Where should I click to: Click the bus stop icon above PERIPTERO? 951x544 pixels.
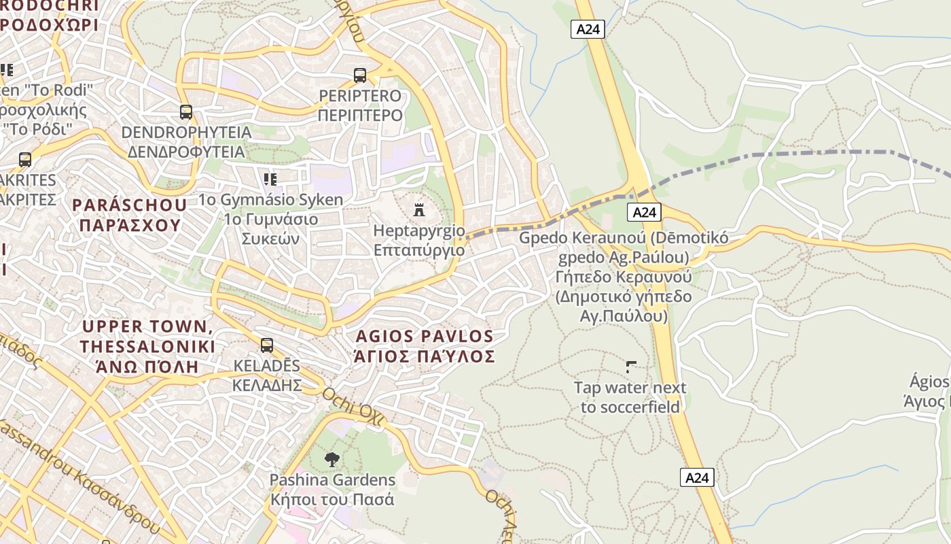(360, 75)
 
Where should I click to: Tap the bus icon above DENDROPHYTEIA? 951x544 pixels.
(185, 112)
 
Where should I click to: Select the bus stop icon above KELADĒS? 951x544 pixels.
(267, 345)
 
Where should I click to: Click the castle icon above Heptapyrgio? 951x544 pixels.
(419, 209)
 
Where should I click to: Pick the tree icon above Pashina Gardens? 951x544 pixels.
(331, 460)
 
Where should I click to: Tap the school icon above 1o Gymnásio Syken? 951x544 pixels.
(270, 180)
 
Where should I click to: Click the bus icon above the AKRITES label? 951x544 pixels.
(25, 160)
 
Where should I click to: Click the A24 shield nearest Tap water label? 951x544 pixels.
(697, 478)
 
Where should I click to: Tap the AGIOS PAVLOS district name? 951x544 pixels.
(425, 337)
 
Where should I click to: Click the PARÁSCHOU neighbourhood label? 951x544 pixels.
(129, 205)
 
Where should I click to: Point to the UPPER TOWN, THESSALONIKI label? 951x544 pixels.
(147, 337)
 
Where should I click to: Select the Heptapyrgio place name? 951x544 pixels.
(418, 231)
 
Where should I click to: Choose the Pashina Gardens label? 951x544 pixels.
(332, 480)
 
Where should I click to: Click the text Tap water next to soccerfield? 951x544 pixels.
(630, 397)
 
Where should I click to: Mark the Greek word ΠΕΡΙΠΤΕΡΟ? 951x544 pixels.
(360, 115)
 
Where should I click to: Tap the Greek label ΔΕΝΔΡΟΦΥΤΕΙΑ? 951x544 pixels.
(185, 151)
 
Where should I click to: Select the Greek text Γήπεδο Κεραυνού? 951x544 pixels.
(623, 277)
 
